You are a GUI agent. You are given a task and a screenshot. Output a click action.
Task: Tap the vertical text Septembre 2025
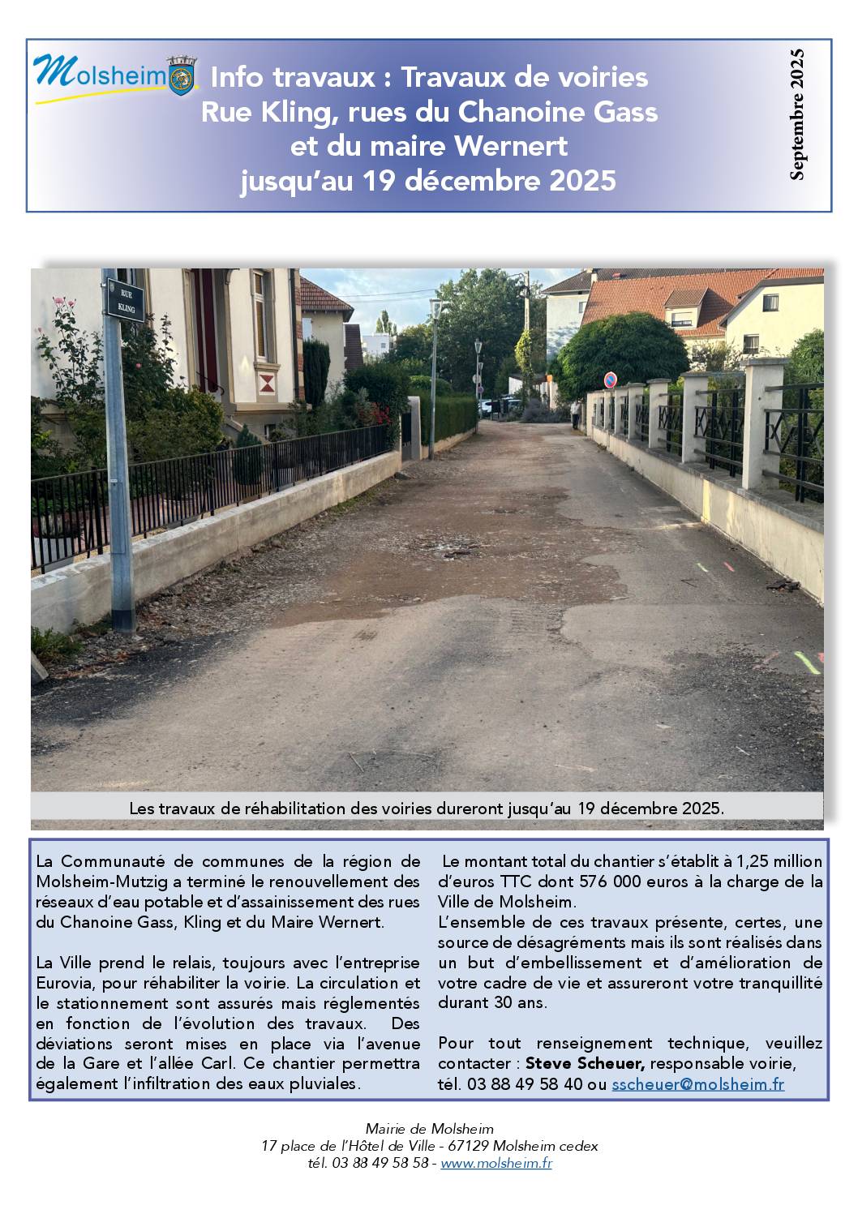click(797, 114)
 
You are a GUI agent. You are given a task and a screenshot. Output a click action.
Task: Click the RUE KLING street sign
click(126, 301)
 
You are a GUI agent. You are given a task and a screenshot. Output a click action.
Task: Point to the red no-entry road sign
click(611, 380)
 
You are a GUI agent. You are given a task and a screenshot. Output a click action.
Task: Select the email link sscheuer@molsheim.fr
click(697, 1084)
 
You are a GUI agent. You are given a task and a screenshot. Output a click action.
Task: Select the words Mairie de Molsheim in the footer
click(429, 1128)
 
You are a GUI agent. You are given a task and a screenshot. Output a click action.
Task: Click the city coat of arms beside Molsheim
click(182, 75)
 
